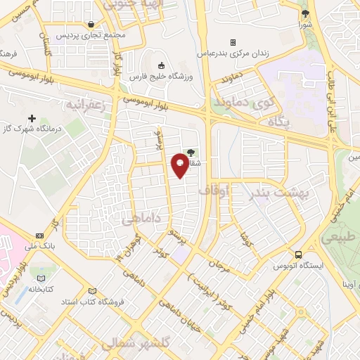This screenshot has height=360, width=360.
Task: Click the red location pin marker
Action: point(181,165)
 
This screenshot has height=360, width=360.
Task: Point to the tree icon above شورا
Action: point(304,13)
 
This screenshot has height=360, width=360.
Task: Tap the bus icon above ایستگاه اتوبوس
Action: point(299,255)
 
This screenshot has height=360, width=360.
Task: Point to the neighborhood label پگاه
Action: point(279,122)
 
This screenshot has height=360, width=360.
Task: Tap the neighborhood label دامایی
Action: point(138,219)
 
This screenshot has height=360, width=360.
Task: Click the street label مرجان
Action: point(219,266)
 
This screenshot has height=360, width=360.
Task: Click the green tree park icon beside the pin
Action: point(191,150)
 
